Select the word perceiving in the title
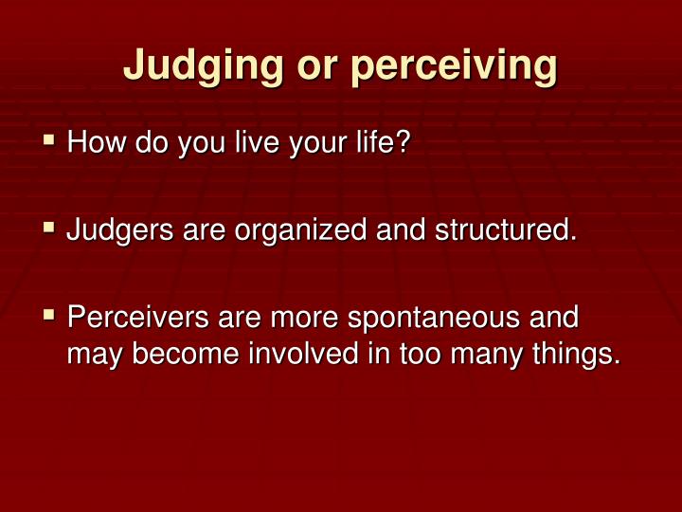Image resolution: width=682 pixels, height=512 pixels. click(x=454, y=65)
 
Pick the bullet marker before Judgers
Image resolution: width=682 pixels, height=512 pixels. click(x=50, y=228)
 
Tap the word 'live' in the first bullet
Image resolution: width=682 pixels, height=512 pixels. click(x=242, y=144)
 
